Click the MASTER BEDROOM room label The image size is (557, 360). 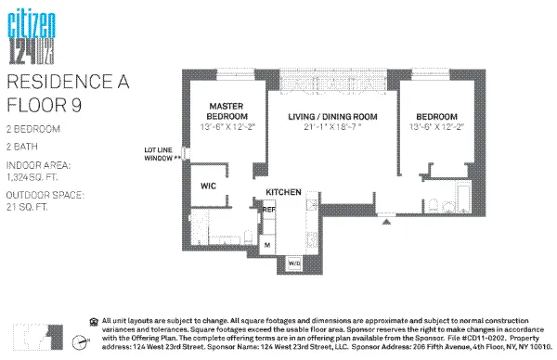point(225,111)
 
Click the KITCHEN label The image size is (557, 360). point(283,191)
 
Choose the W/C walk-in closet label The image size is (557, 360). point(209,186)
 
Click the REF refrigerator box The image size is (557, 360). point(268,212)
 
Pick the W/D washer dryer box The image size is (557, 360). point(295,263)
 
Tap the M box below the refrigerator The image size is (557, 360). point(267,244)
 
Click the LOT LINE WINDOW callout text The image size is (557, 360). point(162,154)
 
